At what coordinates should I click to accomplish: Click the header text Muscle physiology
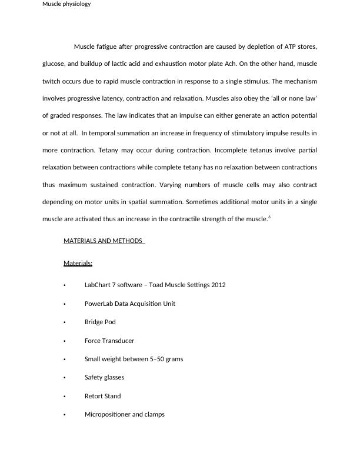[x=66, y=4]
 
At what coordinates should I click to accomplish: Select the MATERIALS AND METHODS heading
[x=104, y=241]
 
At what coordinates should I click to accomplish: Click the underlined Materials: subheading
[x=78, y=263]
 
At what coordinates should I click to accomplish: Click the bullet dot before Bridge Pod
[x=64, y=322]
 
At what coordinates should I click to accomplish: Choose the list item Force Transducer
[x=109, y=341]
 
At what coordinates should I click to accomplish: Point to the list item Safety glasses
[x=104, y=378]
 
